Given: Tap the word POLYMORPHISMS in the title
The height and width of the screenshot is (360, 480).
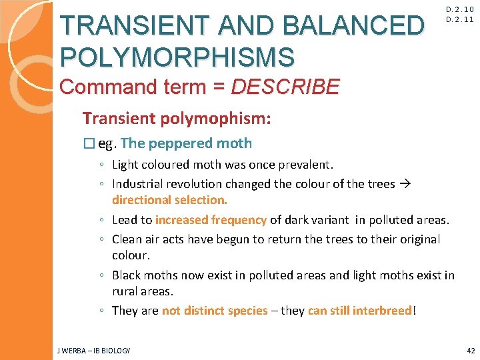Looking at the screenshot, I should tap(177, 57).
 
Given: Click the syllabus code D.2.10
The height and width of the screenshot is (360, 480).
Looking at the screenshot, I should tap(461, 9).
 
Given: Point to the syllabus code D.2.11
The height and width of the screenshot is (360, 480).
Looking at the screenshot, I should tap(461, 20).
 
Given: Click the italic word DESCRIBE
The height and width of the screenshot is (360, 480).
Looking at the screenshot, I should tap(285, 87).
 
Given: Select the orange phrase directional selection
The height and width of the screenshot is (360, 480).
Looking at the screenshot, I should tap(169, 199).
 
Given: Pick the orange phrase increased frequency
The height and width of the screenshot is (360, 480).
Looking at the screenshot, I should tap(211, 220).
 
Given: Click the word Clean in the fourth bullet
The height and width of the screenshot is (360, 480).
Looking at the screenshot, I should tap(127, 239).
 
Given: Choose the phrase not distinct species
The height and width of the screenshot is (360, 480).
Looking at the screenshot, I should tap(215, 311).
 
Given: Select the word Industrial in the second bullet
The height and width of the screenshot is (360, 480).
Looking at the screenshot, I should tap(138, 184).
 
